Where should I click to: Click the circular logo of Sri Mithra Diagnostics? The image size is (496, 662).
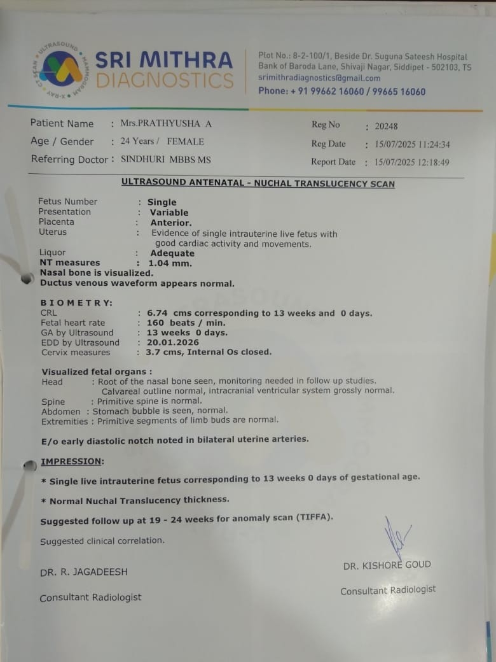pyautogui.click(x=60, y=69)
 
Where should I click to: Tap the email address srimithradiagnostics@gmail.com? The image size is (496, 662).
pyautogui.click(x=319, y=78)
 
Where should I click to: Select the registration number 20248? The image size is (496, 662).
pyautogui.click(x=386, y=126)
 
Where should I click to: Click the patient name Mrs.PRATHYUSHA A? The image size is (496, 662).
pyautogui.click(x=166, y=123)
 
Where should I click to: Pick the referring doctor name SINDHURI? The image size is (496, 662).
pyautogui.click(x=144, y=159)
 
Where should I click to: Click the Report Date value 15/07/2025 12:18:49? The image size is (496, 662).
pyautogui.click(x=411, y=162)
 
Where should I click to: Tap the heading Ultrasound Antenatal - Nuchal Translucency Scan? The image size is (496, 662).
pyautogui.click(x=258, y=183)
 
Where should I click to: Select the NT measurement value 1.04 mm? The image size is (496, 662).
pyautogui.click(x=170, y=263)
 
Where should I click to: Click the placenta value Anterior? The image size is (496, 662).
pyautogui.click(x=170, y=222)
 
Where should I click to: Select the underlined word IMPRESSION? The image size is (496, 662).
pyautogui.click(x=71, y=461)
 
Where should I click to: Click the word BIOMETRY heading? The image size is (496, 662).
pyautogui.click(x=76, y=303)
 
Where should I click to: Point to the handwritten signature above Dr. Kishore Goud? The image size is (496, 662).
pyautogui.click(x=396, y=538)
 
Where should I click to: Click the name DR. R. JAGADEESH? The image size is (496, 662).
pyautogui.click(x=83, y=572)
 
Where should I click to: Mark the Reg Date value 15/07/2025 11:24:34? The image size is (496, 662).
pyautogui.click(x=411, y=144)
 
